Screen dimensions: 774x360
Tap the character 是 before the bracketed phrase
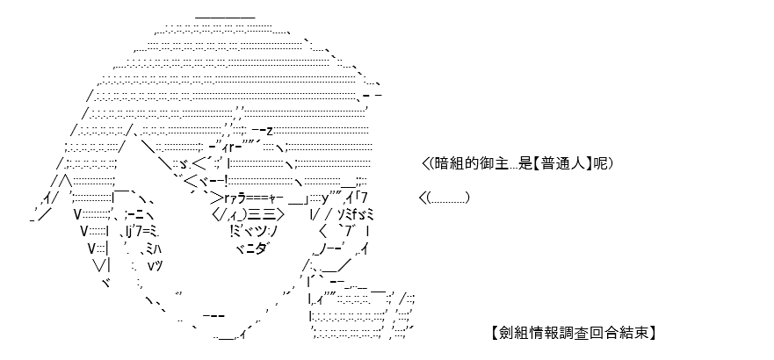coord(525,163)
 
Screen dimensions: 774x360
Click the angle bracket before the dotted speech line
coord(423,198)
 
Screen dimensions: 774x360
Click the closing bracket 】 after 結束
coord(652,334)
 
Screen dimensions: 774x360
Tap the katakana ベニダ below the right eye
coord(254,248)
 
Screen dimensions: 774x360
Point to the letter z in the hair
coord(270,131)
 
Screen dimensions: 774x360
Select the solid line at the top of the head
coord(225,18)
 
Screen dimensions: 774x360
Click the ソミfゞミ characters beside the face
coord(356,215)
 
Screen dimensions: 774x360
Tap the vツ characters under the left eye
coord(155,266)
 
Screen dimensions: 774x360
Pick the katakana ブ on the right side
coord(351,231)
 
